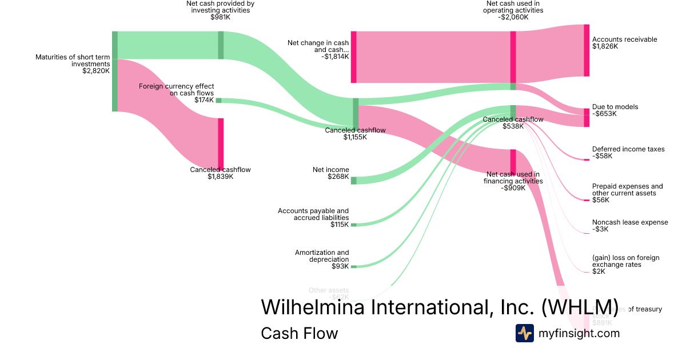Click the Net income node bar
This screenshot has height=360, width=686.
click(353, 181)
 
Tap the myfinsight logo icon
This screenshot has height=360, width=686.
click(524, 333)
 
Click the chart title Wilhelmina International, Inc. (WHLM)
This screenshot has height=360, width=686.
click(440, 307)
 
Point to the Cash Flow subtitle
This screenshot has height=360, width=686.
click(299, 333)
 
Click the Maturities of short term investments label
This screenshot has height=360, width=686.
click(73, 61)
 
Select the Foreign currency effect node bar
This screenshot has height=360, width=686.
click(218, 101)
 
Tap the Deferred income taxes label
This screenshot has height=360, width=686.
click(628, 149)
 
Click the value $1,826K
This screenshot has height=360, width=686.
click(605, 46)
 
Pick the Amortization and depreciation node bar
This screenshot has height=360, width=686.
click(353, 266)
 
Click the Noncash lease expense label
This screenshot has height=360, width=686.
click(630, 222)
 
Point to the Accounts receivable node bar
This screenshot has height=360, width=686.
click(586, 50)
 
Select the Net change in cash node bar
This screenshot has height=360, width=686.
click(353, 57)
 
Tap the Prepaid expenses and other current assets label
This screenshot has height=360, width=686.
click(627, 190)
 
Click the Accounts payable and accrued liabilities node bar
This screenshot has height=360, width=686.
click(353, 225)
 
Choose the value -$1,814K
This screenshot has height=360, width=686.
click(334, 57)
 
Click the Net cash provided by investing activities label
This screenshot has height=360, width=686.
click(220, 7)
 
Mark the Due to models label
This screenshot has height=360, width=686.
click(615, 107)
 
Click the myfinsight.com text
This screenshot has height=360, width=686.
click(579, 333)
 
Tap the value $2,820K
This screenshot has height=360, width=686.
click(95, 71)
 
